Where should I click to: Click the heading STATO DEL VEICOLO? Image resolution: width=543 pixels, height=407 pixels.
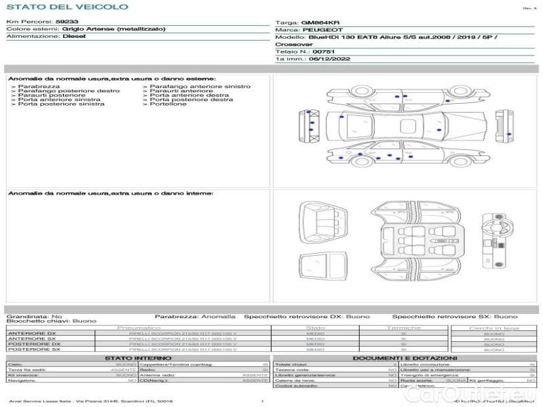[67, 7]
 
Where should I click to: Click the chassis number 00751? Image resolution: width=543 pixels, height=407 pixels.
[324, 52]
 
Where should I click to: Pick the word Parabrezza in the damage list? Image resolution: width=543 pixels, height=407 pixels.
[39, 87]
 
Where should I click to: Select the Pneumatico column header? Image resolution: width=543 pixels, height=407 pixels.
[138, 328]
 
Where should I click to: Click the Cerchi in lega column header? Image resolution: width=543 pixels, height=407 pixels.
[493, 328]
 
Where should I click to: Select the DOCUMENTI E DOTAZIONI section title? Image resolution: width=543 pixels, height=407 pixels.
[405, 357]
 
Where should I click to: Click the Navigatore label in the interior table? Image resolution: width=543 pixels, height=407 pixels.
[23, 381]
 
